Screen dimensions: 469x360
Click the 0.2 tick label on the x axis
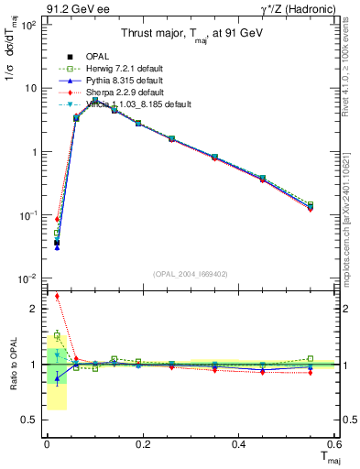pos(142,444)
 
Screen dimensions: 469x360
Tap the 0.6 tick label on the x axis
pos(333,444)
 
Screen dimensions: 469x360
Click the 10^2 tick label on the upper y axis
pos(27,25)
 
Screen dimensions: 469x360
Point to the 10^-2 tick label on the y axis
pos(27,278)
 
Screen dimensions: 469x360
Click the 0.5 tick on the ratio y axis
pos(31,420)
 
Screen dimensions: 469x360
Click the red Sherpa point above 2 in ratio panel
pos(57,296)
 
